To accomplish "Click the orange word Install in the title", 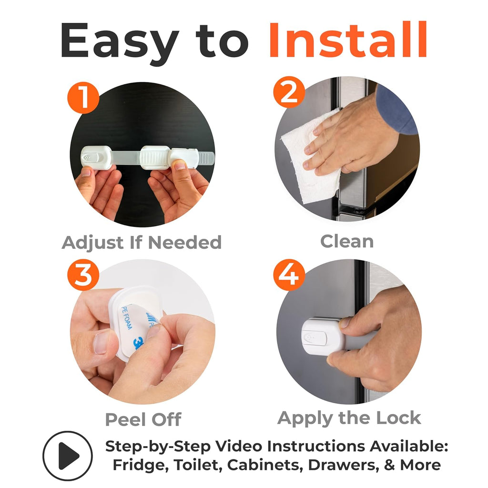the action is pyautogui.click(x=347, y=40).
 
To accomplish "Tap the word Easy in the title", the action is pyautogui.click(x=120, y=43).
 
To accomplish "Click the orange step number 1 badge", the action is pyautogui.click(x=83, y=97).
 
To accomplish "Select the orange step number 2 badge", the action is pyautogui.click(x=289, y=92).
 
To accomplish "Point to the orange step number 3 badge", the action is pyautogui.click(x=83, y=275).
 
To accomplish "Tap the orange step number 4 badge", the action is pyautogui.click(x=289, y=275).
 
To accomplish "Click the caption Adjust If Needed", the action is pyautogui.click(x=142, y=242).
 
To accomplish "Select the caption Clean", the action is pyautogui.click(x=347, y=241).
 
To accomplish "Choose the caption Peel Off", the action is pyautogui.click(x=143, y=419).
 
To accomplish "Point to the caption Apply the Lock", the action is pyautogui.click(x=349, y=417).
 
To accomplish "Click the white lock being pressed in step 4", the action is pyautogui.click(x=324, y=336).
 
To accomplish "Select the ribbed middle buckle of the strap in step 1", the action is pyautogui.click(x=155, y=158).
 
